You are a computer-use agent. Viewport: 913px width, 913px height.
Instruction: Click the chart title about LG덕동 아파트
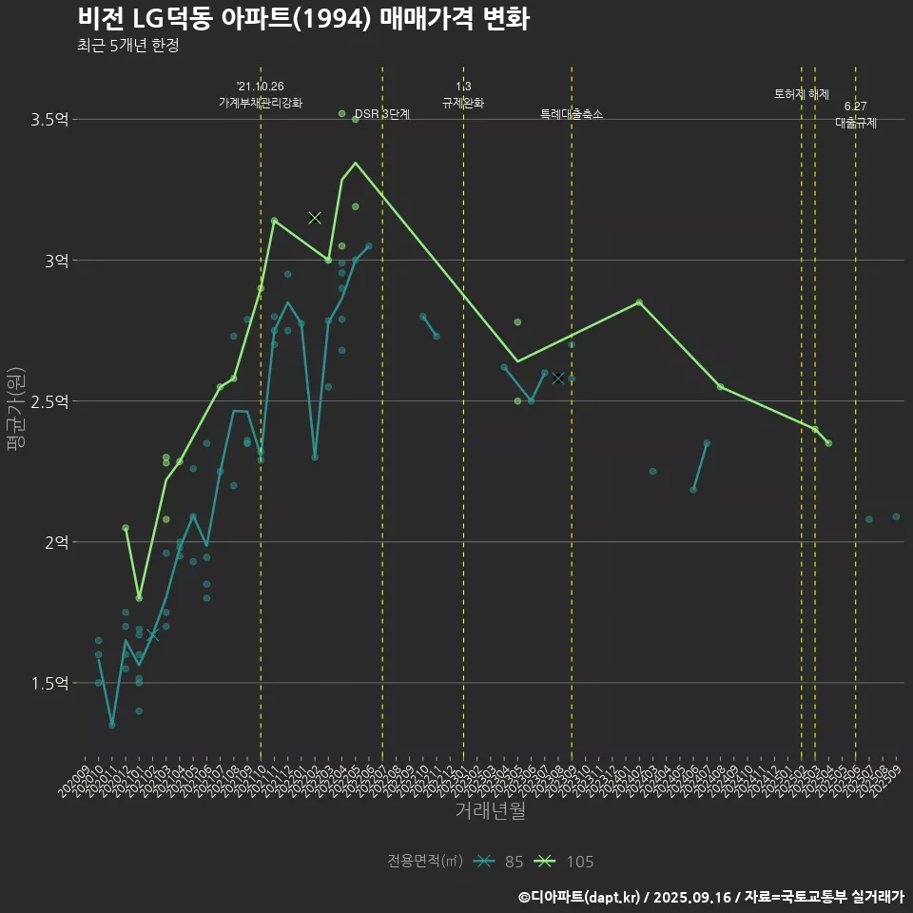(303, 19)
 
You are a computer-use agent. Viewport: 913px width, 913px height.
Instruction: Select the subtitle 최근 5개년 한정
(128, 46)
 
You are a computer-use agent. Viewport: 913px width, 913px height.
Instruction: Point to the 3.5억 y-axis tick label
(49, 120)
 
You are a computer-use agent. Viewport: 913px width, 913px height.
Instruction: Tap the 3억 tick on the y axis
(56, 261)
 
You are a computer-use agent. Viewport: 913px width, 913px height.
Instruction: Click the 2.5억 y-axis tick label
(49, 401)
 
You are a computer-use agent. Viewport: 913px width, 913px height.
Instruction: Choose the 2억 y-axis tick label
(56, 542)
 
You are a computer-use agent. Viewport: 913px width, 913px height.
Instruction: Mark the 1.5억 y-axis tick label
(49, 683)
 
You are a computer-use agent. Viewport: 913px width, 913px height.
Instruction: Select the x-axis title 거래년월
(490, 810)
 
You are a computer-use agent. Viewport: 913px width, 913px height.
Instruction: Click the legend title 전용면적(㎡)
(425, 862)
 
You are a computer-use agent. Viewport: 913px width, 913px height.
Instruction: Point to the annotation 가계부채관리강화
(261, 103)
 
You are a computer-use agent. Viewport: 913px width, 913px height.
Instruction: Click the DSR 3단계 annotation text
(381, 114)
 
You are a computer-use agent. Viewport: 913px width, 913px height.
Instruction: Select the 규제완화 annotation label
(463, 103)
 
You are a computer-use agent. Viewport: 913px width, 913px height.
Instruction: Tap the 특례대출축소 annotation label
(572, 114)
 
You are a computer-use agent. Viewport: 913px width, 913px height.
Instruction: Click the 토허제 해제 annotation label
(802, 94)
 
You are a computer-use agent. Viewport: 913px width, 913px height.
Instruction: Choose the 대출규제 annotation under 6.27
(856, 123)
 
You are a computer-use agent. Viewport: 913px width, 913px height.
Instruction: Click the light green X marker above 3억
(315, 218)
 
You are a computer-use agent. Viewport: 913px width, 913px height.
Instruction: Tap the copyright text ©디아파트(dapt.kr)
(580, 897)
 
